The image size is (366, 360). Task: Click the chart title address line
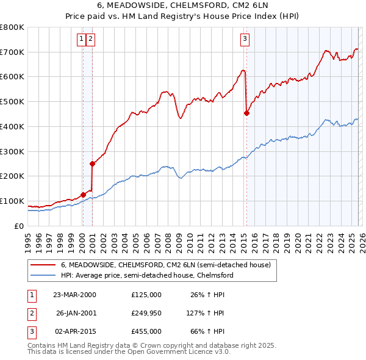coord(182,6)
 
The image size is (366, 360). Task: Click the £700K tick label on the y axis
coord(12,52)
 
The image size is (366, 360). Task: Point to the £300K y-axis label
coord(12,151)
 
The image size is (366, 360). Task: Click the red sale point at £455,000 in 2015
coord(246,113)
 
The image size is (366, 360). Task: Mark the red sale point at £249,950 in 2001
coord(92,164)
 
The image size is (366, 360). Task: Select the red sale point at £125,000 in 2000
coord(83,195)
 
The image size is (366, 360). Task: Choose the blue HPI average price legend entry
coord(147,275)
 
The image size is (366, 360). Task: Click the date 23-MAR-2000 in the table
coord(74,295)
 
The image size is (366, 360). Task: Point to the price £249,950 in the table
coord(146,313)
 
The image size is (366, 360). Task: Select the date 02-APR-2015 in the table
coord(74,331)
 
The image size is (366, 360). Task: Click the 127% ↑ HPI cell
coord(206,313)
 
